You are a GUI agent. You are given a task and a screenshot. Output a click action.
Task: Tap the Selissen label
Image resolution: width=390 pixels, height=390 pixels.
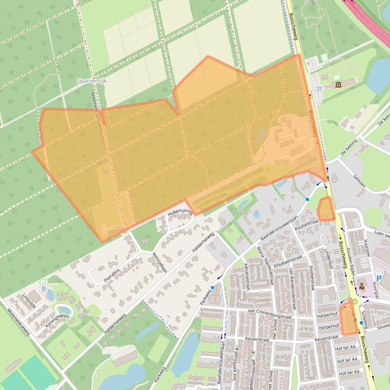click(360, 181)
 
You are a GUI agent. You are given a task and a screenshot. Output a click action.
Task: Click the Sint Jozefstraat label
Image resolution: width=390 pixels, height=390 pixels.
click(235, 370)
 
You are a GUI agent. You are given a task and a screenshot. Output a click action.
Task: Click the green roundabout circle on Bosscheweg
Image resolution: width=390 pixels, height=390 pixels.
click(355, 302)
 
